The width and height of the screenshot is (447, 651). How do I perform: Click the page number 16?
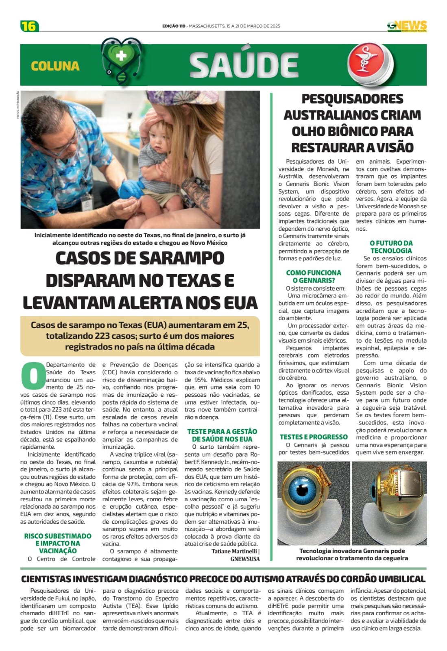click(x=29, y=26)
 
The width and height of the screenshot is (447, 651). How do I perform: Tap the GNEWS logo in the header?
click(x=407, y=26)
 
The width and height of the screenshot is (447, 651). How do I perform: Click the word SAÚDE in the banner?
click(x=244, y=65)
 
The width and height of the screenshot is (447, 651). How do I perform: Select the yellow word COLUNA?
click(x=55, y=66)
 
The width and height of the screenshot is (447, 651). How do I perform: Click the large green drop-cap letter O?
click(x=33, y=375)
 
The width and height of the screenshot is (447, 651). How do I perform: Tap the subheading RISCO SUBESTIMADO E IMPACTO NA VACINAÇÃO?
click(x=58, y=543)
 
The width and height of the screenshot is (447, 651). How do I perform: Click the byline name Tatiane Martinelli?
click(x=234, y=551)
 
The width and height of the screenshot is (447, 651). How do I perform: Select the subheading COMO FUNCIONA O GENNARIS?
click(x=314, y=276)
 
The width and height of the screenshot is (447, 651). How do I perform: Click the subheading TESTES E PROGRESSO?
click(x=314, y=437)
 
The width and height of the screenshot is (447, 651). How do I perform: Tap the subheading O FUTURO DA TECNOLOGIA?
click(x=391, y=247)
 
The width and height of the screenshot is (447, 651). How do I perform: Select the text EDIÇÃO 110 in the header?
click(x=174, y=26)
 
